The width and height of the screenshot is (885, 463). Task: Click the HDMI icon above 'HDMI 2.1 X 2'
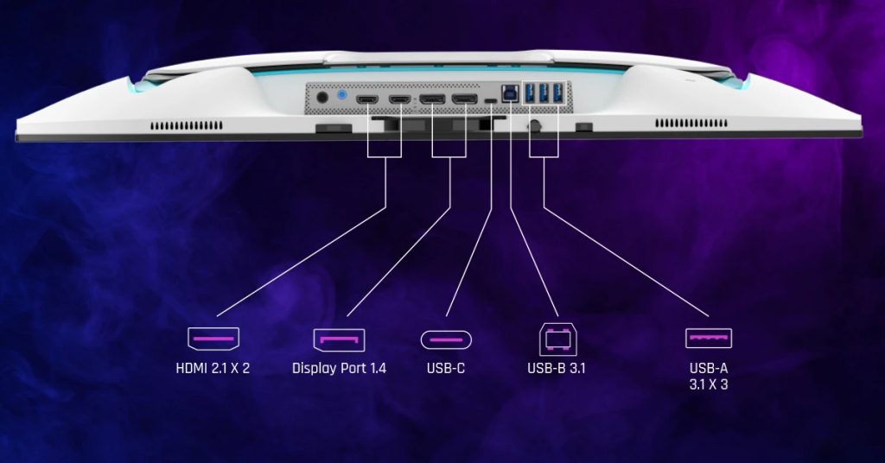(x=213, y=339)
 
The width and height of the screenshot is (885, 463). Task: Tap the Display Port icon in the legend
(x=339, y=339)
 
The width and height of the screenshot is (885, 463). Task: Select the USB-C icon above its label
(x=446, y=339)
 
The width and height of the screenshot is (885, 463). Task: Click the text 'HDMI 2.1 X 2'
(x=213, y=369)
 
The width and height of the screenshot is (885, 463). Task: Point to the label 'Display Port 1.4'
(x=339, y=369)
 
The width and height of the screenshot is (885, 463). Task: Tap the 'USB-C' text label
(x=446, y=369)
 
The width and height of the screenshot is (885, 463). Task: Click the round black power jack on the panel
(x=323, y=98)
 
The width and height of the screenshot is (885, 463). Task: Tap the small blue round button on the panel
(x=343, y=96)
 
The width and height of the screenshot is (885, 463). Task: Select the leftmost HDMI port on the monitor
(x=367, y=101)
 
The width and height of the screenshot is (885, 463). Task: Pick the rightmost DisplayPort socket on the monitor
(x=464, y=101)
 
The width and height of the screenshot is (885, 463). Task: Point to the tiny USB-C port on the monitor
(x=492, y=102)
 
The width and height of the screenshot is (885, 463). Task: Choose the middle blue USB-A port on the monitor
(x=544, y=92)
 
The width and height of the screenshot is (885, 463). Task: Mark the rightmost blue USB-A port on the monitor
(x=557, y=92)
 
